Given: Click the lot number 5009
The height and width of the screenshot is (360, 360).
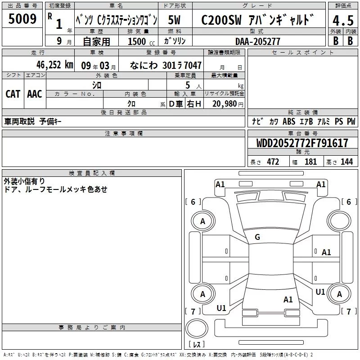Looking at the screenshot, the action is point(22,18).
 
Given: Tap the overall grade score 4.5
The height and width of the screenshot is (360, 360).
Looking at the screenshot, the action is point(343,20).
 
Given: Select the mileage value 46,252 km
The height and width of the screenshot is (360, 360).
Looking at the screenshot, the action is point(54,65).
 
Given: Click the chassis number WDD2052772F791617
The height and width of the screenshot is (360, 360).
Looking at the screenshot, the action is point(302,143).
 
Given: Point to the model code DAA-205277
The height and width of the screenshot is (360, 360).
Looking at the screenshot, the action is point(257,41).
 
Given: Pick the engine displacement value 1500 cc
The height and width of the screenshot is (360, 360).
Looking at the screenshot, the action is point(141,41).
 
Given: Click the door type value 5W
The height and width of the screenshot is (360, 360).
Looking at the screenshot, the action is point(174,20).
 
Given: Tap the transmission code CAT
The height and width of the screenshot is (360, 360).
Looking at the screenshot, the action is point(13,94).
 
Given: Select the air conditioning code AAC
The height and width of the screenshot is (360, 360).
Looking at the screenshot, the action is point(35,94).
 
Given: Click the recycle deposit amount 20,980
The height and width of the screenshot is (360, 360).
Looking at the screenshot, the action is point(225,103).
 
